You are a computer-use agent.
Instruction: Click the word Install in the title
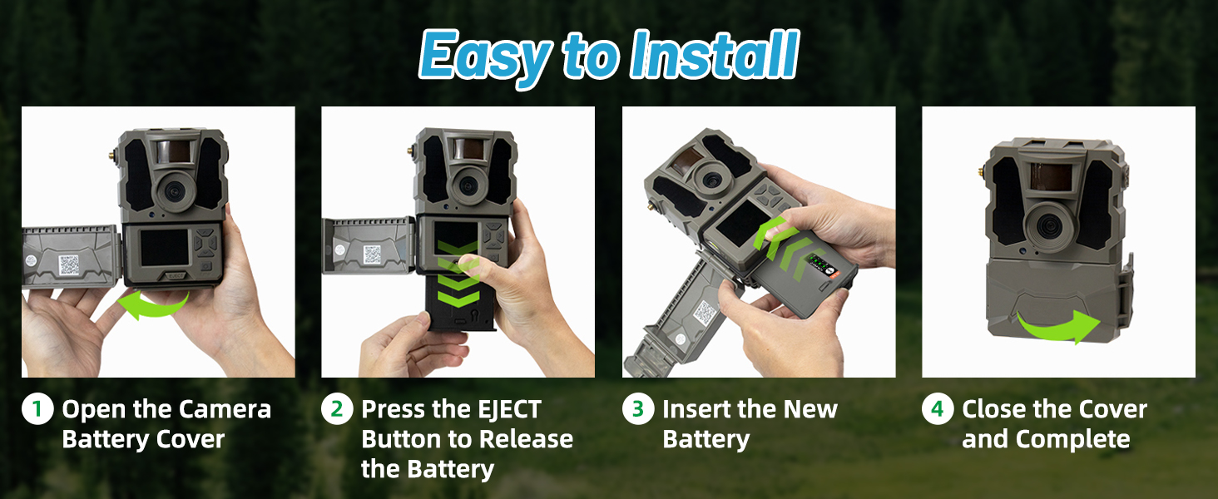click(x=714, y=57)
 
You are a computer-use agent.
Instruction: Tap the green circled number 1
click(x=37, y=410)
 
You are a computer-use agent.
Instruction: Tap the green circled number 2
click(x=336, y=410)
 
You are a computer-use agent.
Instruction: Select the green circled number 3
click(x=637, y=410)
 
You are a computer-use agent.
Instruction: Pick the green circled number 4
click(x=938, y=410)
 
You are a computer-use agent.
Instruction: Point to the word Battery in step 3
click(x=706, y=439)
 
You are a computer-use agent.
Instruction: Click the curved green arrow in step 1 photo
click(x=154, y=305)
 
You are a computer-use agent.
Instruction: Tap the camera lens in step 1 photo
click(x=175, y=190)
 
